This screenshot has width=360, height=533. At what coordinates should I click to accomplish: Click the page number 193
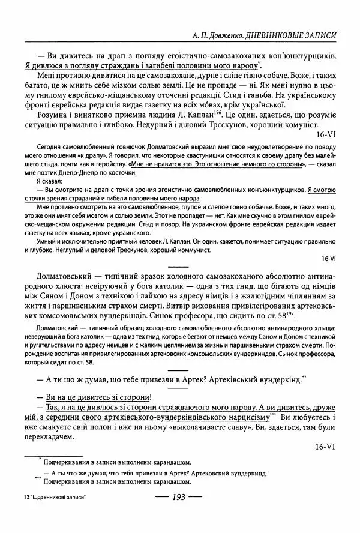pyautogui.click(x=181, y=496)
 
